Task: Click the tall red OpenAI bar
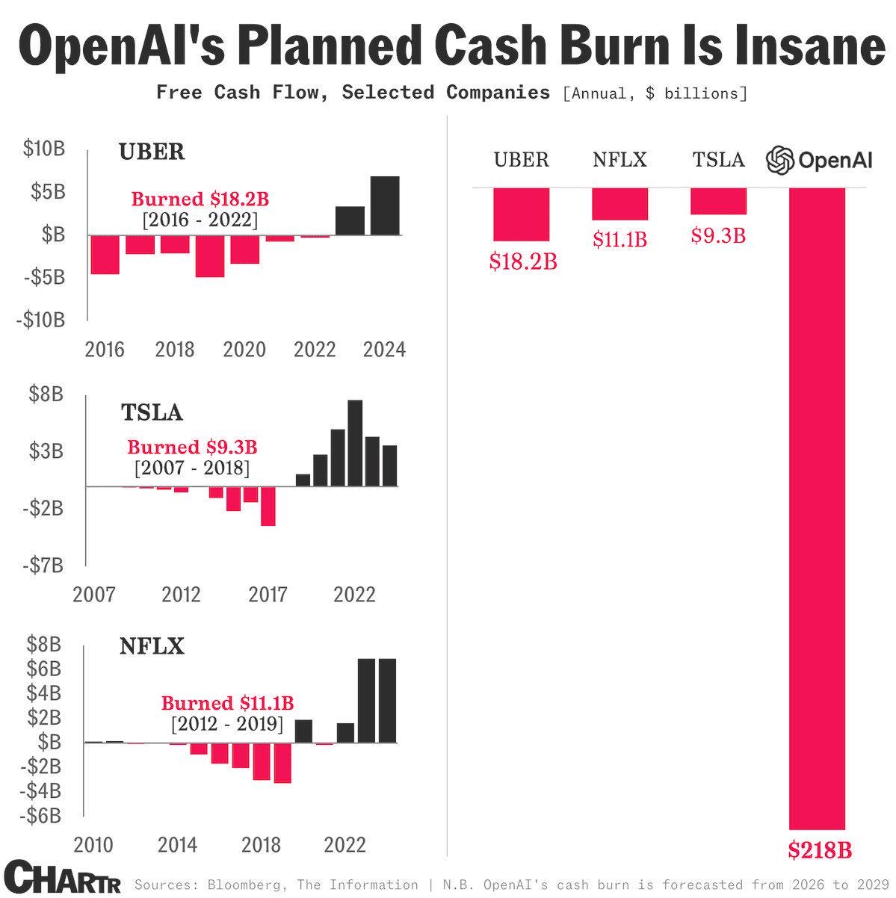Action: click(817, 508)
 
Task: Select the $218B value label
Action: click(820, 851)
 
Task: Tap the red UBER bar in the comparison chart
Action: click(521, 214)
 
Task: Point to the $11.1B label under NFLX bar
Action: click(620, 240)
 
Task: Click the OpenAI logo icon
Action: click(779, 161)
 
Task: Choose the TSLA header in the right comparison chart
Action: click(718, 160)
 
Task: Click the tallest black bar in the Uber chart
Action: click(385, 205)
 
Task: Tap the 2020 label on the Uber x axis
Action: click(244, 350)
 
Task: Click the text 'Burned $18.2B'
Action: click(200, 199)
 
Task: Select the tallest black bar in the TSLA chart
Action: click(355, 443)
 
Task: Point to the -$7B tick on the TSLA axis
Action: click(43, 566)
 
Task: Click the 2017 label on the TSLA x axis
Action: click(268, 595)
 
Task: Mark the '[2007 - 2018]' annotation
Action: click(192, 468)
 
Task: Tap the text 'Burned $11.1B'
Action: click(228, 703)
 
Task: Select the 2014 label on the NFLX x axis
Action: click(177, 845)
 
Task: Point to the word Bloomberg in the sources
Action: click(243, 885)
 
